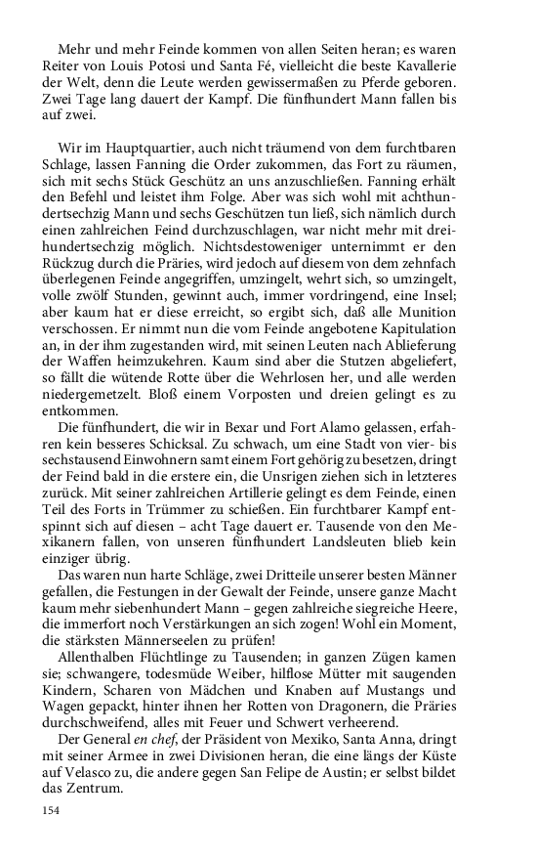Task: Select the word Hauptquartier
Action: pos(142,148)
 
